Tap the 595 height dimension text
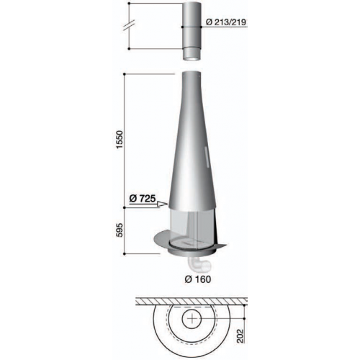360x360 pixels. coord(120,230)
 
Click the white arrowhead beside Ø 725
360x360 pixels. coord(163,204)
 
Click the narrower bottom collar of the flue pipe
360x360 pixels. coord(192,53)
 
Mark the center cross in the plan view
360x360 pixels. coord(192,318)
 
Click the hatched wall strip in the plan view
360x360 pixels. coord(192,297)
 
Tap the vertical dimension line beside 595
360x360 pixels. coord(127,230)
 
